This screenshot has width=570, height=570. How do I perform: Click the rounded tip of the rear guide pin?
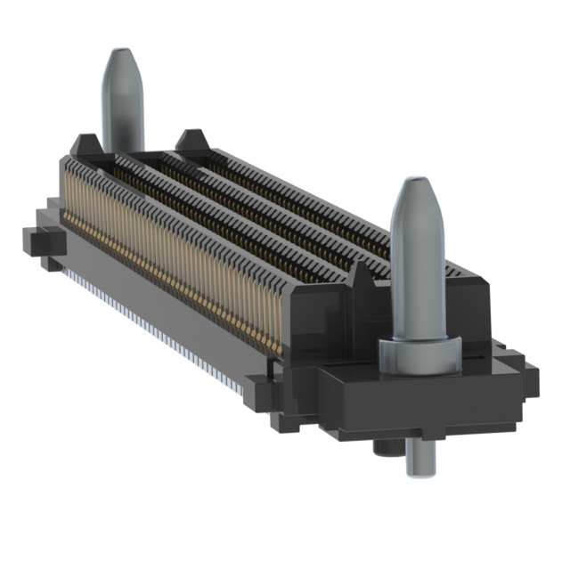(122, 64)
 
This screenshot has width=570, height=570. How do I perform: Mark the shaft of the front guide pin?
(417, 276)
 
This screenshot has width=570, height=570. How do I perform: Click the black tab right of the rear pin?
(191, 140)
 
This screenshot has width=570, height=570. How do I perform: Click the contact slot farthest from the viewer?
(303, 191)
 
